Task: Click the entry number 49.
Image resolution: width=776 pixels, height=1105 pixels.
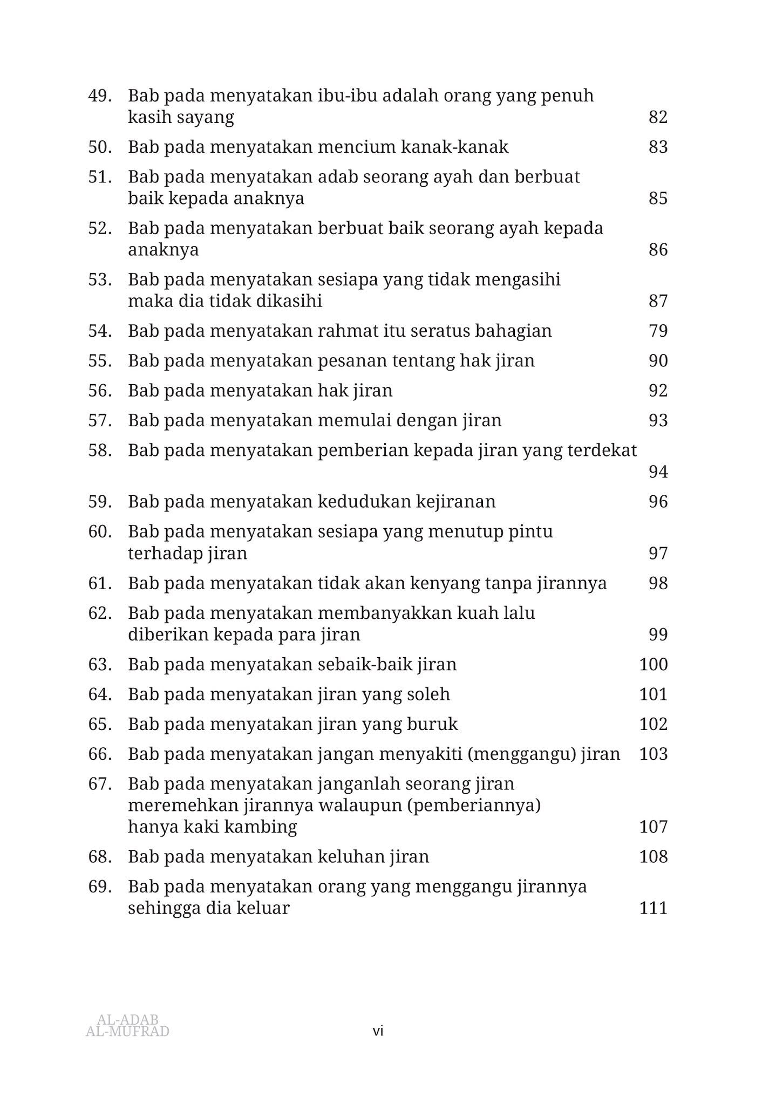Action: click(100, 96)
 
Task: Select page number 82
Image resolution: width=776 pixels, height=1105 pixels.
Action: click(658, 117)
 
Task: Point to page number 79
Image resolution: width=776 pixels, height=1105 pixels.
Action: click(658, 331)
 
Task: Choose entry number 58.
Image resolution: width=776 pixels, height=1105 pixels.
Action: click(100, 451)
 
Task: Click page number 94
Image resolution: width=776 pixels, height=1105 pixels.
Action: click(658, 472)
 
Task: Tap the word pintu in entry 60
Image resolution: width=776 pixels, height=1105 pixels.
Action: click(531, 531)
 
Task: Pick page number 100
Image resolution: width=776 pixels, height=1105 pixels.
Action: click(654, 664)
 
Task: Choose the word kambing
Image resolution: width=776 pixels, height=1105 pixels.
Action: click(267, 827)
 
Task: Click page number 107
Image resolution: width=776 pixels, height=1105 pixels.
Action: click(654, 827)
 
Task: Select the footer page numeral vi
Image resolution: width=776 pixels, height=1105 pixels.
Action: click(378, 1031)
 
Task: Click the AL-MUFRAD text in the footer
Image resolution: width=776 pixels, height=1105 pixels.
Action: click(127, 1032)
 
